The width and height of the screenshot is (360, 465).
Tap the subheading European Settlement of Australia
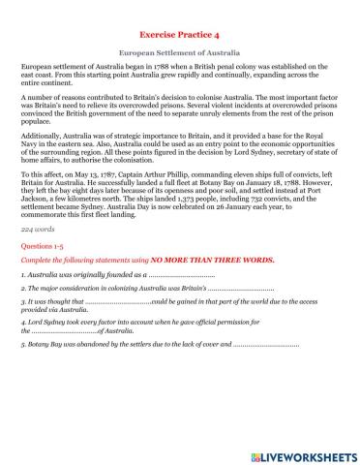pyautogui.click(x=179, y=51)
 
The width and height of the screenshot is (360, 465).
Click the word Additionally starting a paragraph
pyautogui.click(x=45, y=152)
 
